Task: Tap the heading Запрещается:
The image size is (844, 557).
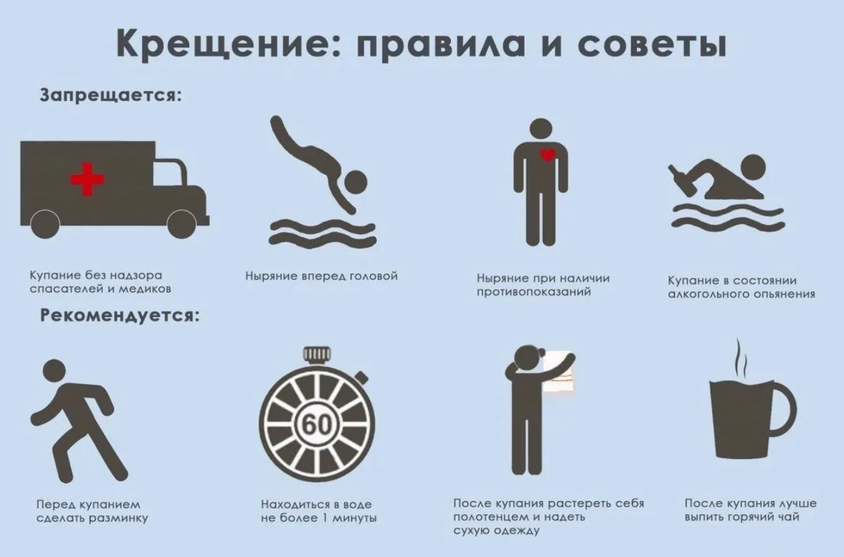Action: [111, 96]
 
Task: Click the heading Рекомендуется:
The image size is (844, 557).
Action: [120, 315]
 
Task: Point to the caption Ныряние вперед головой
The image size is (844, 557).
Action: [321, 276]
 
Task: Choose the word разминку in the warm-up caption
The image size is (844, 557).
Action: [115, 519]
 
